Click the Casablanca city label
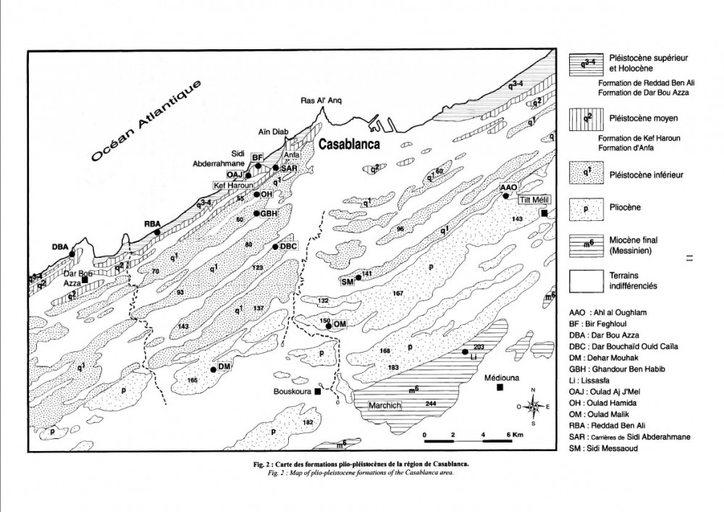click(x=351, y=144)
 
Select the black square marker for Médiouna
click(x=500, y=389)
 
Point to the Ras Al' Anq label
click(x=320, y=102)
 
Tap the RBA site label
click(x=151, y=223)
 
